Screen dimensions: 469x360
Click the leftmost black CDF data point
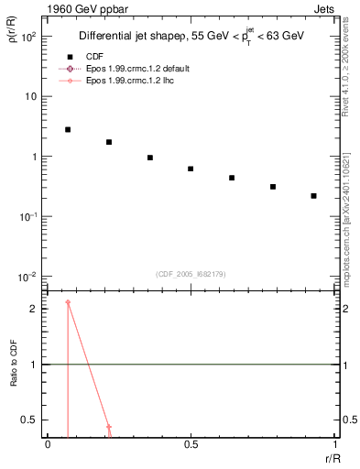68,130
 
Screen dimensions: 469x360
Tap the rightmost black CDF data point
313,196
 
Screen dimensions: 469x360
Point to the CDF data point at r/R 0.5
191,169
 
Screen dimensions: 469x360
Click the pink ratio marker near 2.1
68,302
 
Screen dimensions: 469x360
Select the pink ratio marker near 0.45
109,427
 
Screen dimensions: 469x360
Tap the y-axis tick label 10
33,97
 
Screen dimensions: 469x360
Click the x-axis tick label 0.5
191,444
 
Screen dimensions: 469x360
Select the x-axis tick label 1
333,444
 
